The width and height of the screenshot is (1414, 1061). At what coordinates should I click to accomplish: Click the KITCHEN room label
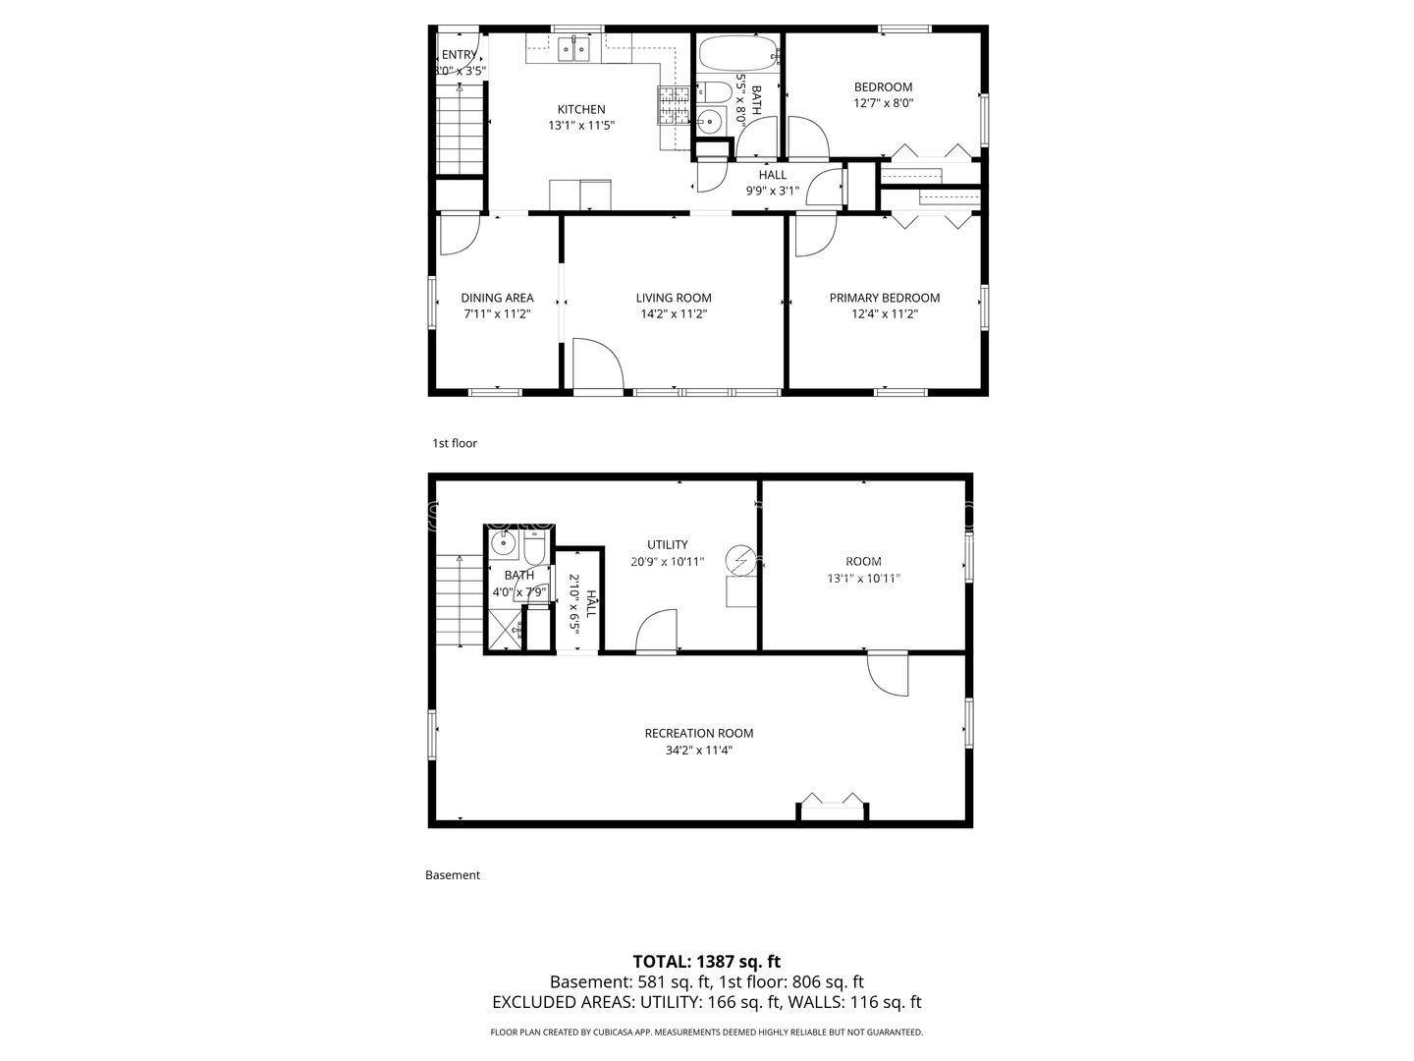[581, 109]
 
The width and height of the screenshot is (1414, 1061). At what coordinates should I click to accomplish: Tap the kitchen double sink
[573, 49]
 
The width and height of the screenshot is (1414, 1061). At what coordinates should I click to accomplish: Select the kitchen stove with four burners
[673, 106]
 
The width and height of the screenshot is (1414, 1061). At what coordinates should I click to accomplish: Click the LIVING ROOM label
[674, 298]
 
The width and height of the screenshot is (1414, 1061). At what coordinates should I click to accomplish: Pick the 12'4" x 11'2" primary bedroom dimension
[884, 314]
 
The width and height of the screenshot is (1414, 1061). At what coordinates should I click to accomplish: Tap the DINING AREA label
[497, 298]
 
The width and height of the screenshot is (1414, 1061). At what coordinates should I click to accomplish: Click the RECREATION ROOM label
[698, 733]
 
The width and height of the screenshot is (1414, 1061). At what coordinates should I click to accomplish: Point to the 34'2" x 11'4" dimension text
[698, 751]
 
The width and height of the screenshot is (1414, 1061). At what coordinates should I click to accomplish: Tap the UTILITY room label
[667, 544]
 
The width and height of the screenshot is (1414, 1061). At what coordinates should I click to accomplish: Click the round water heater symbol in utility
[738, 562]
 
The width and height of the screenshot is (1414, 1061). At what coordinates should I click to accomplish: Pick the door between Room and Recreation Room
[888, 674]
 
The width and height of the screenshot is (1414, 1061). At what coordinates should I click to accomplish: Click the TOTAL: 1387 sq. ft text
[706, 962]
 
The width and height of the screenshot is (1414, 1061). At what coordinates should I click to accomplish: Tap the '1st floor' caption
[455, 443]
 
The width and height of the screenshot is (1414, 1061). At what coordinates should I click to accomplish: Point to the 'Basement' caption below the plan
[452, 874]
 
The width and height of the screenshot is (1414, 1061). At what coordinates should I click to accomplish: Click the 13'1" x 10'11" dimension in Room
[863, 579]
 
